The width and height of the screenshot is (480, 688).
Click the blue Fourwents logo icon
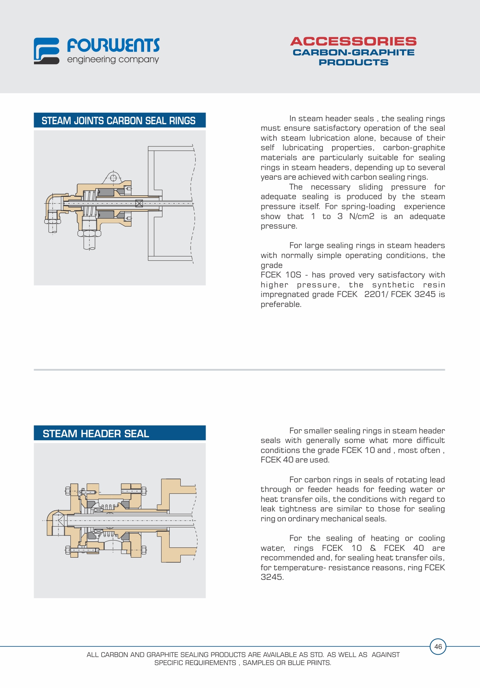tap(46, 50)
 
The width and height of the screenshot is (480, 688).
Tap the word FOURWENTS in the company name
tap(114, 45)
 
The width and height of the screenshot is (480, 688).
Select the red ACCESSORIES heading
tap(353, 41)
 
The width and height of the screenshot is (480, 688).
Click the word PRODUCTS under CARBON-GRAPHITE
tap(354, 62)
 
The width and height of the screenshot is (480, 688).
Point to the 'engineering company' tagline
tap(113, 60)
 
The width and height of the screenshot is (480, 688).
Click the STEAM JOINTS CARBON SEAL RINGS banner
tap(119, 120)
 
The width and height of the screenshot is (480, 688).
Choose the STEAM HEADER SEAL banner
tap(119, 433)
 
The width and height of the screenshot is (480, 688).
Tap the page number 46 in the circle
tap(438, 646)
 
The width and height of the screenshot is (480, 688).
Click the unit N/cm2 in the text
tap(362, 216)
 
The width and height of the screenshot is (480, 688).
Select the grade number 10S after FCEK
tap(293, 275)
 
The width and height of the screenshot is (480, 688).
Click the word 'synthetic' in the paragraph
tap(393, 285)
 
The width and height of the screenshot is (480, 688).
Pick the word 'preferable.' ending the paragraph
tap(281, 304)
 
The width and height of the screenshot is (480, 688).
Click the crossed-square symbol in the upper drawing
tap(139, 203)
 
